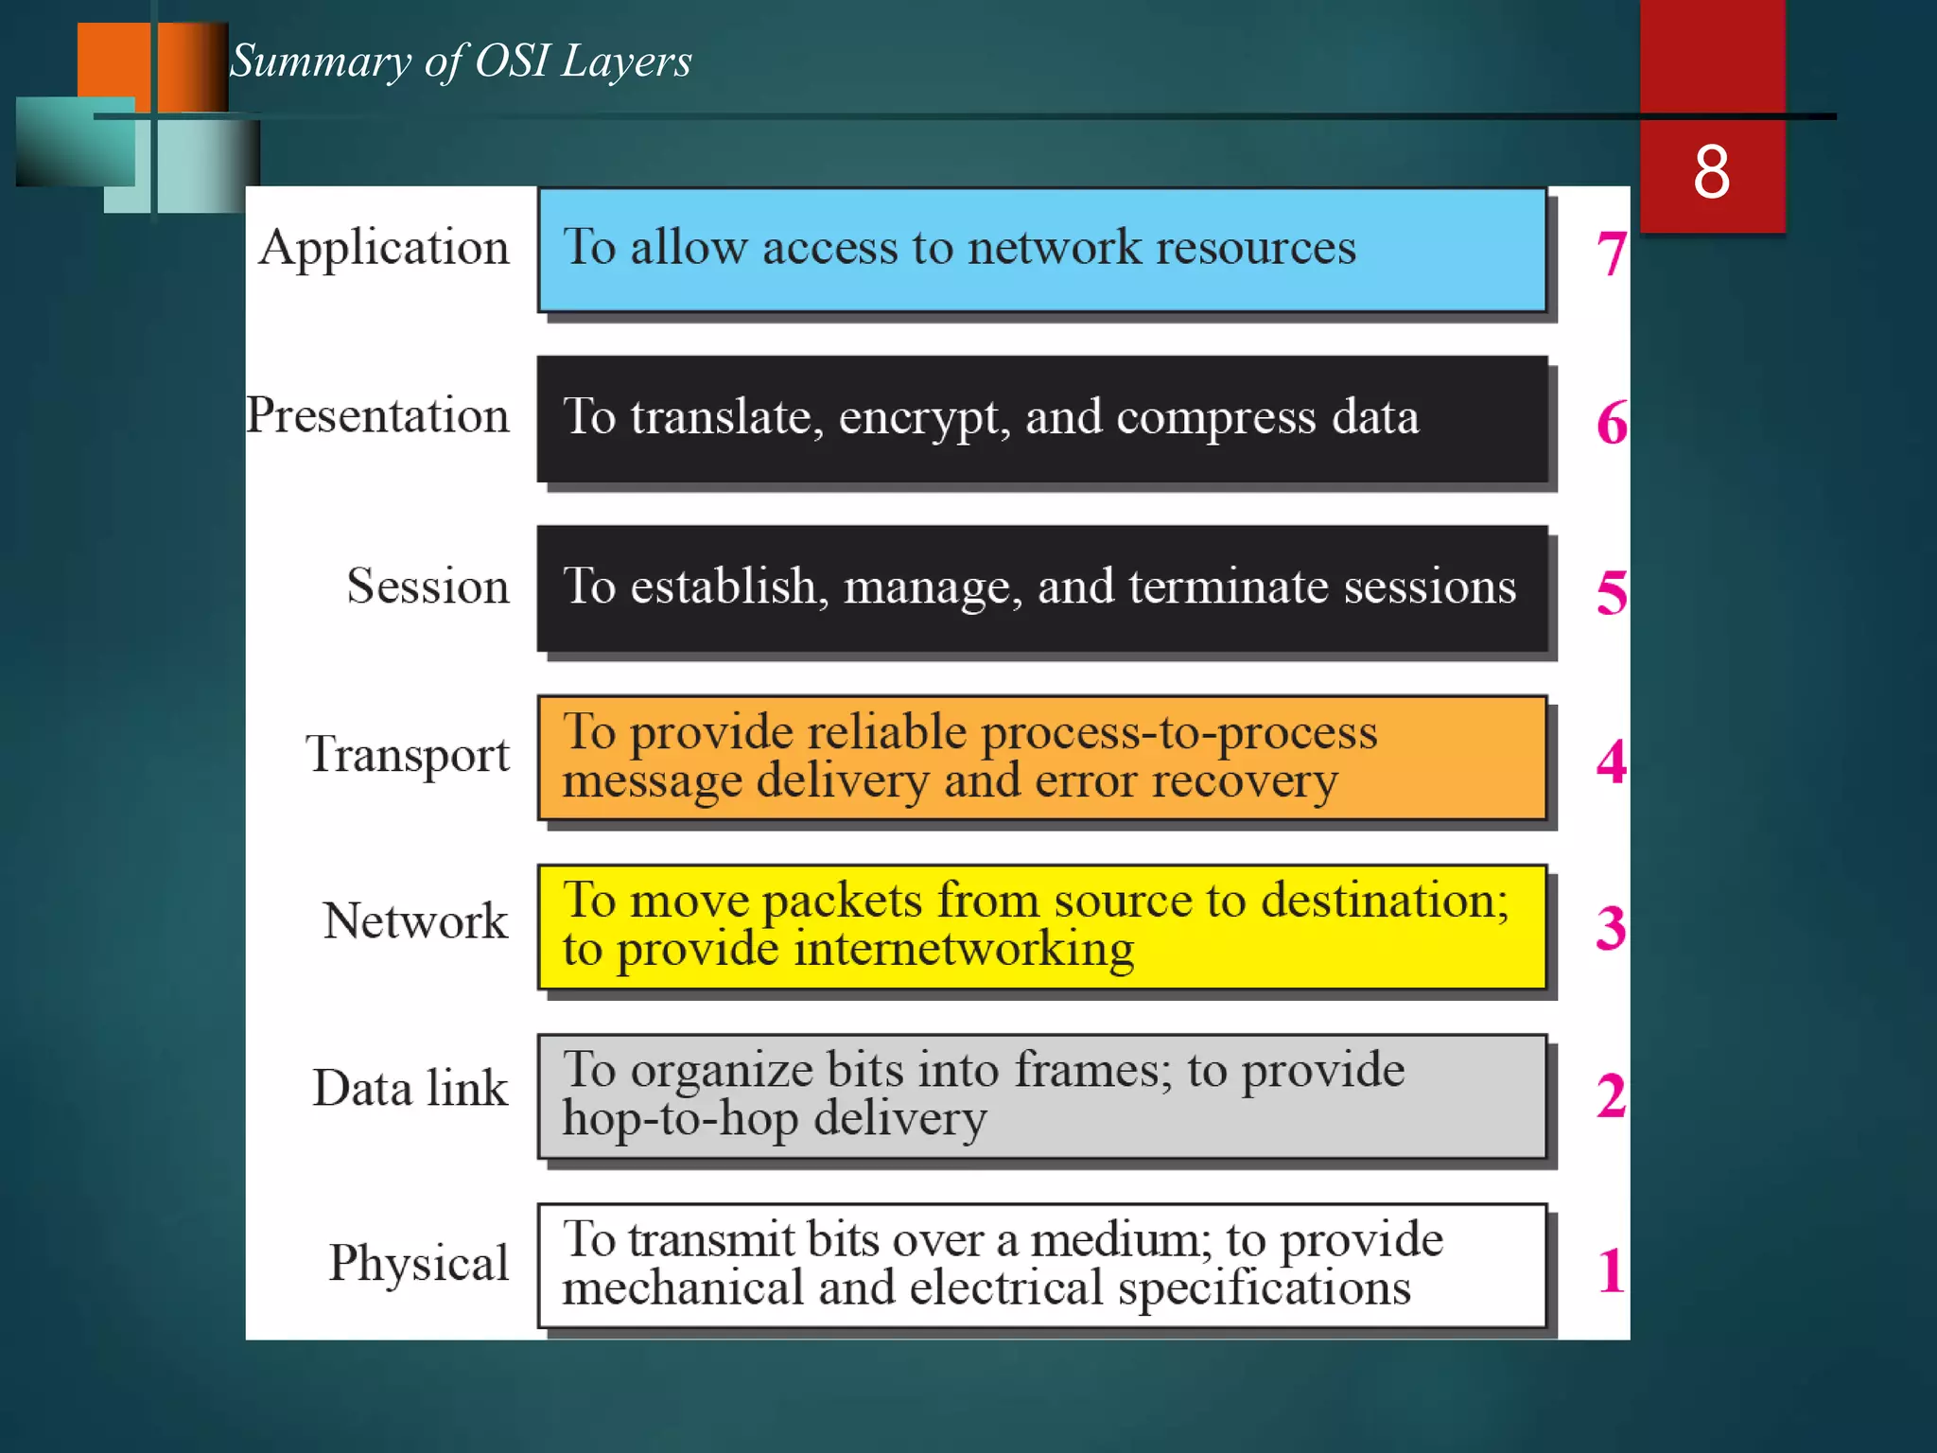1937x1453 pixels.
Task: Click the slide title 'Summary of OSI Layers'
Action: (x=461, y=61)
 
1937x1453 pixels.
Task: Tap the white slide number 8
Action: (x=1712, y=172)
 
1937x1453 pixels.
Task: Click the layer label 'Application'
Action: (x=384, y=249)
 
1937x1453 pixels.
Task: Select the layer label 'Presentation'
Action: (x=378, y=416)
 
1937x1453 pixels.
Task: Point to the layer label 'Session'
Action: (x=428, y=586)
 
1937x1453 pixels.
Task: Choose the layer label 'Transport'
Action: (x=407, y=755)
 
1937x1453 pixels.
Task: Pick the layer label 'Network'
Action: (x=415, y=920)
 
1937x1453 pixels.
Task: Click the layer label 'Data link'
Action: (x=410, y=1088)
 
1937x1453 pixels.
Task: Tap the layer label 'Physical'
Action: (x=419, y=1263)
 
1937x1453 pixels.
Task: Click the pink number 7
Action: (x=1612, y=254)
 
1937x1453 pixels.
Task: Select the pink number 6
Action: (x=1612, y=422)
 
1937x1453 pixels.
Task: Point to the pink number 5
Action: (x=1612, y=592)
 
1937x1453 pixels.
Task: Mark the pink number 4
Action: (x=1612, y=762)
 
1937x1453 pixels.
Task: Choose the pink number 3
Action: (x=1612, y=928)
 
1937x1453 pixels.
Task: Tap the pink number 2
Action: (x=1612, y=1096)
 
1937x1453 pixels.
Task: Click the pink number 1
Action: (x=1612, y=1270)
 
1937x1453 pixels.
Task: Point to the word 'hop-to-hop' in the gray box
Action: (x=680, y=1118)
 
